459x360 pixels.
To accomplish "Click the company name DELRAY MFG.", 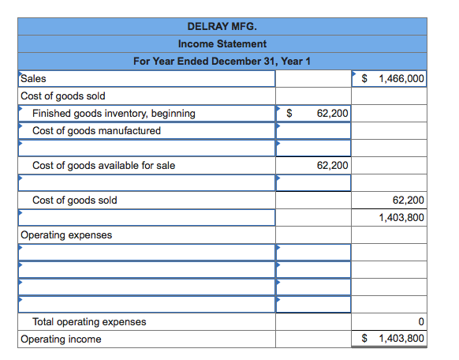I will click(x=222, y=26).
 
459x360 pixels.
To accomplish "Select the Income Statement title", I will click(x=222, y=43).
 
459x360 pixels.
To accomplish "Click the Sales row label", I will click(x=33, y=78).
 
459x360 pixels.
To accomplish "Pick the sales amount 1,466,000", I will click(x=401, y=79).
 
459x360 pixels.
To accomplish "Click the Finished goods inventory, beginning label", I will click(x=114, y=114).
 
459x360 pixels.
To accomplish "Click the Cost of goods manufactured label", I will click(x=96, y=131).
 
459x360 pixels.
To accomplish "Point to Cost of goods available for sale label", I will click(x=103, y=165).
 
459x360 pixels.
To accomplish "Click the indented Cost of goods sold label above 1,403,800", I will click(x=74, y=200).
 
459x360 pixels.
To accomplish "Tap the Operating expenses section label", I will click(x=66, y=234).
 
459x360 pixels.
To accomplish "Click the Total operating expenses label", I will click(x=88, y=321).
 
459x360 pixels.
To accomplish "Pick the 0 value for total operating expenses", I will click(x=422, y=321).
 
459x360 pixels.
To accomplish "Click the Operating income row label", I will click(x=61, y=339).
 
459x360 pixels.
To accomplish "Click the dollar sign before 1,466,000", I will click(x=365, y=79).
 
